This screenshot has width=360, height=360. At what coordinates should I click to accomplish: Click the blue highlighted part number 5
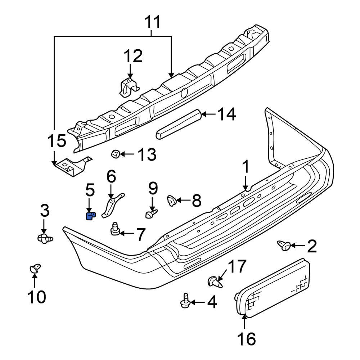tap(90, 216)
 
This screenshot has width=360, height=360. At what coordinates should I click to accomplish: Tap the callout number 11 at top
tap(152, 22)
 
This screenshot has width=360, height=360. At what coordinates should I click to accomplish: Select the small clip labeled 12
tap(129, 87)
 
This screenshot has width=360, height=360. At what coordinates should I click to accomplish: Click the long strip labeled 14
tap(178, 125)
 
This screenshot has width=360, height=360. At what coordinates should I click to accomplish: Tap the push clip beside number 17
tap(215, 282)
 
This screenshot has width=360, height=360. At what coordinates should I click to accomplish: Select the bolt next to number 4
tap(185, 301)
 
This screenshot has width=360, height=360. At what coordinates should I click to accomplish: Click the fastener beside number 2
tap(284, 246)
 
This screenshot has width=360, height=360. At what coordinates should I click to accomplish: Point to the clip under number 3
tap(45, 238)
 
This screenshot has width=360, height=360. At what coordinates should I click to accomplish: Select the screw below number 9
tap(151, 214)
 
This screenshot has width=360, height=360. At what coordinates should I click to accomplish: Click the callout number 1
tap(246, 168)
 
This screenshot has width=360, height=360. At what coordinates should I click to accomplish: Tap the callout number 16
tap(246, 339)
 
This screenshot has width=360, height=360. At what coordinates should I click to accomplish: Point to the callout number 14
tap(227, 114)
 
